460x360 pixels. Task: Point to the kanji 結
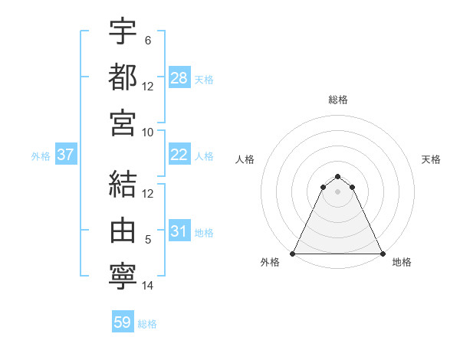[123, 184]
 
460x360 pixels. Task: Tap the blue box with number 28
[179, 77]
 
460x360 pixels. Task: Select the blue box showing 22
[179, 155]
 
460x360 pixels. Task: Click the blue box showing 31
[179, 231]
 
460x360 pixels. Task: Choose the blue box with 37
[66, 155]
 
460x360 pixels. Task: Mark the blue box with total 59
[123, 322]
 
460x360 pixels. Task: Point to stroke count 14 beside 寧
[148, 286]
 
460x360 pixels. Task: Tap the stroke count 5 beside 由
[148, 240]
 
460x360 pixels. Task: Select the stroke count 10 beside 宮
[148, 132]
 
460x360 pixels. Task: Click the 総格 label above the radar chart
[338, 100]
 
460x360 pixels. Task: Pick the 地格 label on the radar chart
[402, 263]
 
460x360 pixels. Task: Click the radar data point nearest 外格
[294, 254]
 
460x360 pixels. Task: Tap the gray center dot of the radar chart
[338, 191]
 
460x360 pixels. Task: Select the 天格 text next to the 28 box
[204, 79]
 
